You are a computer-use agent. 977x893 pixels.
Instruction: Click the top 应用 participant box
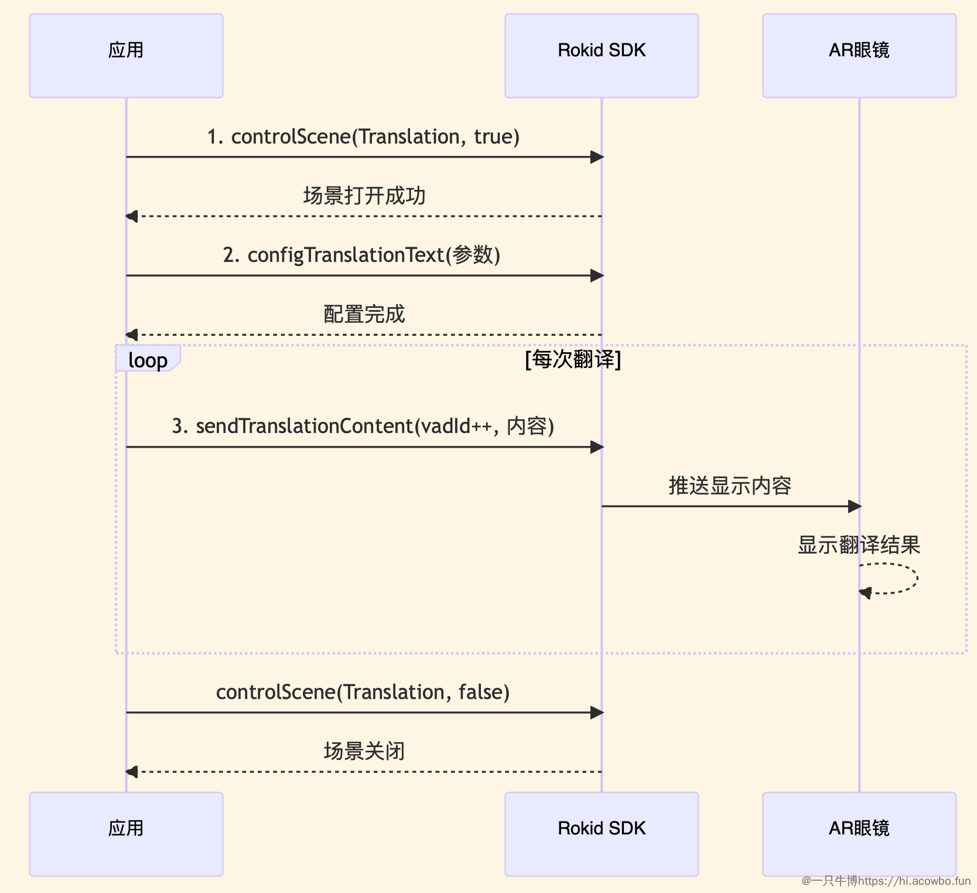[126, 56]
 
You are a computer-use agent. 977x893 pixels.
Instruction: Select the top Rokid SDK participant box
[602, 56]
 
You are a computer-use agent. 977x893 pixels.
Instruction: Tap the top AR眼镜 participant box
[859, 56]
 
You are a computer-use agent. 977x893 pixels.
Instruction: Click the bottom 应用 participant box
[126, 834]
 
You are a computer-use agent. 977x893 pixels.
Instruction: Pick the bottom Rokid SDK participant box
[602, 834]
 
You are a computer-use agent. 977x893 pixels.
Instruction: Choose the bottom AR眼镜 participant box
[859, 834]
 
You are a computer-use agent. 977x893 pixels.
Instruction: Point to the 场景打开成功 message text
[364, 196]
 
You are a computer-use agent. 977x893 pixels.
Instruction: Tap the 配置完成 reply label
[364, 315]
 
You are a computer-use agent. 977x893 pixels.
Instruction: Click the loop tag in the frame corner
[148, 359]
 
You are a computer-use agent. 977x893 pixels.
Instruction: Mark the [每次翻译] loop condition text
[573, 359]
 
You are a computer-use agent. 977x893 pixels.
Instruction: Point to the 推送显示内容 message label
[730, 486]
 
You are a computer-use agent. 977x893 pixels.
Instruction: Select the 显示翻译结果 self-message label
[859, 546]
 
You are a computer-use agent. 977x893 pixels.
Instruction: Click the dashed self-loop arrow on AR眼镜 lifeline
[917, 579]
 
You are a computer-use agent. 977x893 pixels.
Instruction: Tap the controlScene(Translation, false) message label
[363, 693]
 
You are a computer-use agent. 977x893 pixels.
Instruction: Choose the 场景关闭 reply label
[364, 751]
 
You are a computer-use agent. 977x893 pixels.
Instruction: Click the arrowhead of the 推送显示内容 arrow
[855, 506]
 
